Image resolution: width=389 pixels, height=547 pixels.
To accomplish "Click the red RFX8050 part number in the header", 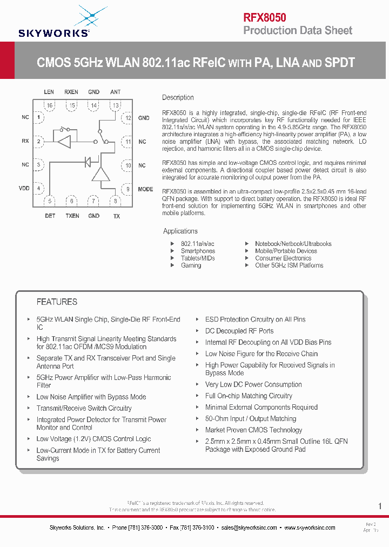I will click(265, 17).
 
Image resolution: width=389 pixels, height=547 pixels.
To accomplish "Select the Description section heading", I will click(178, 98).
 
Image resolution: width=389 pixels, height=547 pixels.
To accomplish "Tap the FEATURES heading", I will click(57, 302).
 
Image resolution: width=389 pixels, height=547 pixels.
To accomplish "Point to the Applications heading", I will click(180, 231).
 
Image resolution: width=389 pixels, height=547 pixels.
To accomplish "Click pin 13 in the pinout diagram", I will click(116, 105).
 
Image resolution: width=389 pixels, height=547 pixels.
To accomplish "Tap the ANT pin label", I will click(116, 92).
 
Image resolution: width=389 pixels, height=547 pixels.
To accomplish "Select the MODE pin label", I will click(145, 190).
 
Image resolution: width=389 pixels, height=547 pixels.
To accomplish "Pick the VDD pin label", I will click(24, 188).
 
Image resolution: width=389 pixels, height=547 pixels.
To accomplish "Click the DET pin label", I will click(50, 216).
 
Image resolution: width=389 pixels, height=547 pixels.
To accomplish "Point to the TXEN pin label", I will click(72, 216).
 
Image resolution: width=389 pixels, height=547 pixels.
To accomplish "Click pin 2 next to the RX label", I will click(38, 142).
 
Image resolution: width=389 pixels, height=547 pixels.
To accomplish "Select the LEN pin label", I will click(49, 92).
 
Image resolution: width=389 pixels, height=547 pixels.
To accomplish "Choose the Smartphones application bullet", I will click(198, 251).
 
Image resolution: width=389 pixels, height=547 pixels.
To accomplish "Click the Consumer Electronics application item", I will click(283, 258).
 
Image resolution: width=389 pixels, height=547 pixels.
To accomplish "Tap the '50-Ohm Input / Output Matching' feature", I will click(251, 419).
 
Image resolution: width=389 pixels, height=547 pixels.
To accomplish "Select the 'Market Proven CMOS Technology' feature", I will click(253, 430).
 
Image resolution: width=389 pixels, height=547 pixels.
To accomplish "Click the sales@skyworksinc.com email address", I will click(250, 528).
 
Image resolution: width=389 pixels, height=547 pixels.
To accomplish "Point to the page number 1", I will click(380, 506).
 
